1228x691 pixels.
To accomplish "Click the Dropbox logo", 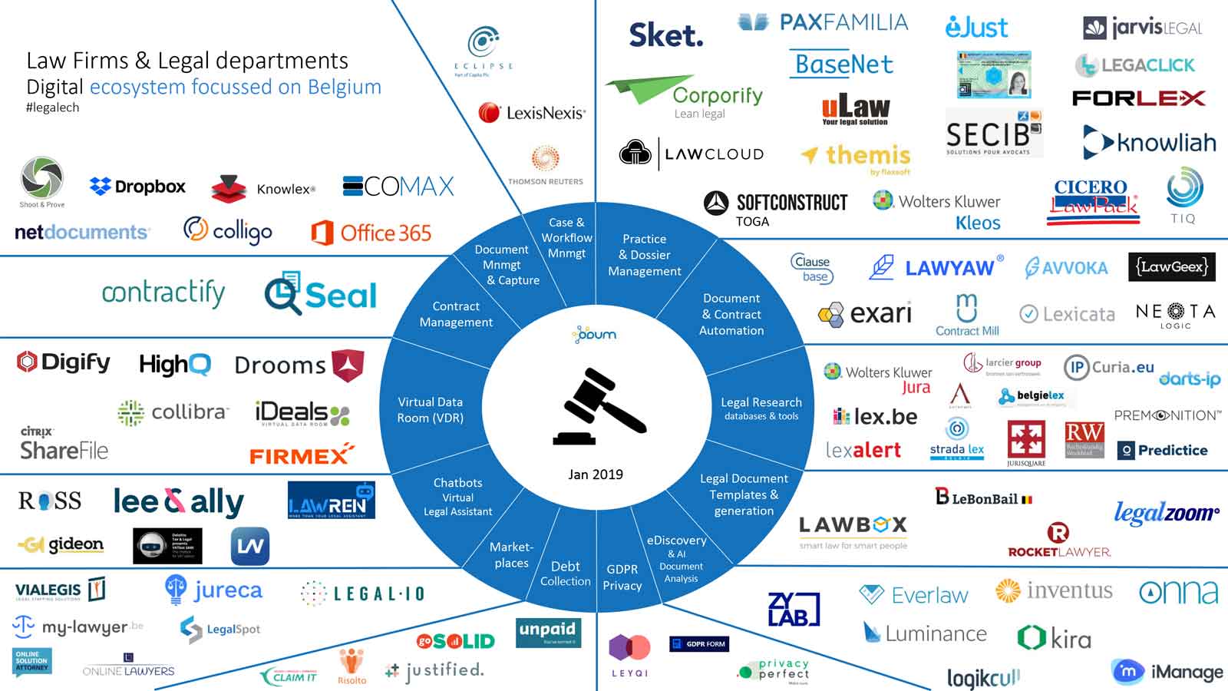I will coord(138,187).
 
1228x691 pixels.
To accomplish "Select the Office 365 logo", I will coord(371,233).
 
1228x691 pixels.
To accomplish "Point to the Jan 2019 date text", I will coord(596,474).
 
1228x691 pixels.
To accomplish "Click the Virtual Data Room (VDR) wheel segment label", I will coord(430,410).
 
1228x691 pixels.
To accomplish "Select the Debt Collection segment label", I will coord(565,574).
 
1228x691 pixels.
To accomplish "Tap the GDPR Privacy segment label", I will coord(622,577).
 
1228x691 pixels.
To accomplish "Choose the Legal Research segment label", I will coord(761,408).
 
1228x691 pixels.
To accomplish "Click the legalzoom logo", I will coord(1166,512).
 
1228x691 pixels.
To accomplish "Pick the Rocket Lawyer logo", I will coord(1059,541).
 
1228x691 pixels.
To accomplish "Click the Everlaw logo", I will coord(914,595).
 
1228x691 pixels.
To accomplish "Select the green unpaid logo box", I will coord(548,632).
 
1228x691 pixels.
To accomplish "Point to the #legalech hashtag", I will coord(52,107).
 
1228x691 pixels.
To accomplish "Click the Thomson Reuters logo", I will coord(545,166).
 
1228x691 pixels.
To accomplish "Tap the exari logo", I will coord(865,314).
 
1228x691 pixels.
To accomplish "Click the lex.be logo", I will coord(875,417).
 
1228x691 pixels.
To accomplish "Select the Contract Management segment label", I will coord(456,314).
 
